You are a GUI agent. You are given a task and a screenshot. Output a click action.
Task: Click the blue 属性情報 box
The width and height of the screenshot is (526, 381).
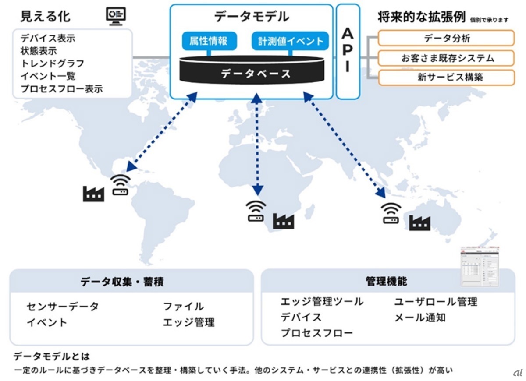pos(208,41)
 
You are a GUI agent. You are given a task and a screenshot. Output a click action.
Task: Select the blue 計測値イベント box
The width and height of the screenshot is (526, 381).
pos(290,41)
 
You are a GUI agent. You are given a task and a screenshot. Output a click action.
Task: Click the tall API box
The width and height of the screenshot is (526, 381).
pos(348,52)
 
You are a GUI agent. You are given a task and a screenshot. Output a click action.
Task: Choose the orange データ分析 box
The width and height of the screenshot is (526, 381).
pos(446,38)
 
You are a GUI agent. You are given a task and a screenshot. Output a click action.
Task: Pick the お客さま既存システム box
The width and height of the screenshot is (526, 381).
pos(446,58)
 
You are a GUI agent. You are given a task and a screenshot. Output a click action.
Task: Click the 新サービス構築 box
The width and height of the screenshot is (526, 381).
pos(446,78)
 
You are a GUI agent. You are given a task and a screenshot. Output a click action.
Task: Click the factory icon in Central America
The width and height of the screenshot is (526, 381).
pos(93,193)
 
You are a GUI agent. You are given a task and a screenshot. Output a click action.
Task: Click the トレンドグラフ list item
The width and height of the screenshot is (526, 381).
pos(52,63)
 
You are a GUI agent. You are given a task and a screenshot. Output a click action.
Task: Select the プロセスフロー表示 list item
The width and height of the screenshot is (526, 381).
pos(61,89)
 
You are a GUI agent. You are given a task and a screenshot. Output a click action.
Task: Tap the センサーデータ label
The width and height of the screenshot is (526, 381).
pos(63,306)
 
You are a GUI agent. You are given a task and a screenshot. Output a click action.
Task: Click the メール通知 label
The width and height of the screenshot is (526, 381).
pos(420,317)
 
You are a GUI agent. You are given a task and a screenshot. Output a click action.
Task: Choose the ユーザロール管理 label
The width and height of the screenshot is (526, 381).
pos(436,301)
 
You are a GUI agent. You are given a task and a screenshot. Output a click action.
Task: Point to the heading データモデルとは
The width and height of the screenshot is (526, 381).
pos(52,356)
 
